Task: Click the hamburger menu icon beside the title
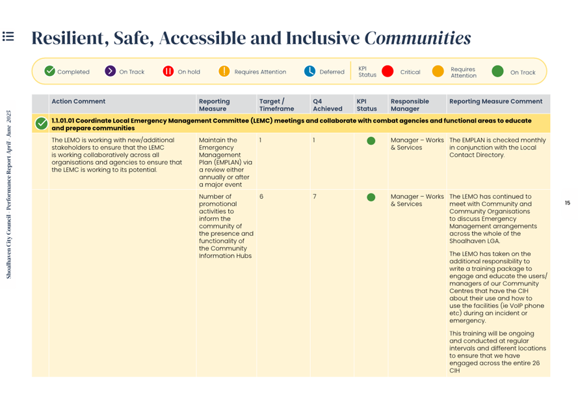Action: pyautogui.click(x=8, y=36)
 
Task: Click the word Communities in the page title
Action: pyautogui.click(x=417, y=38)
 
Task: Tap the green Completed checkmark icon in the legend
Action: pyautogui.click(x=50, y=71)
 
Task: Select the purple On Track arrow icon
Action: pyautogui.click(x=111, y=71)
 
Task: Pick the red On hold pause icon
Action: pyautogui.click(x=168, y=71)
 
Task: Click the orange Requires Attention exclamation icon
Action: pyautogui.click(x=224, y=71)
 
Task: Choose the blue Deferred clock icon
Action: pyautogui.click(x=310, y=71)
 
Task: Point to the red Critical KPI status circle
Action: pyautogui.click(x=388, y=71)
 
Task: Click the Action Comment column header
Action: pyautogui.click(x=78, y=101)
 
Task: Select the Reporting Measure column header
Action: pyautogui.click(x=214, y=105)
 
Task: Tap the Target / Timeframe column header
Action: pyautogui.click(x=276, y=105)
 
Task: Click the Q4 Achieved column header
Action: pyautogui.click(x=327, y=105)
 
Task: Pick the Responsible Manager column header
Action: pyautogui.click(x=410, y=105)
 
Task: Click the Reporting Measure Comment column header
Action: pyautogui.click(x=495, y=101)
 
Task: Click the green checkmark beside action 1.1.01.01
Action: pyautogui.click(x=42, y=123)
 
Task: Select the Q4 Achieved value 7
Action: pyautogui.click(x=315, y=197)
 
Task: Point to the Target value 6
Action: pyautogui.click(x=261, y=197)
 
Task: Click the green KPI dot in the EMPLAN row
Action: pyautogui.click(x=371, y=141)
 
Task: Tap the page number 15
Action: pyautogui.click(x=567, y=203)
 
